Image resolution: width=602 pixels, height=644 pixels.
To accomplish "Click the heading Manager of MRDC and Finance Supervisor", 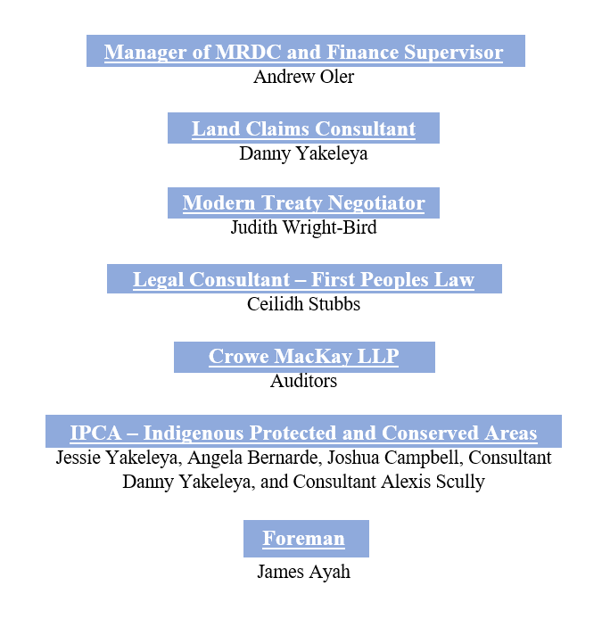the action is (303, 53).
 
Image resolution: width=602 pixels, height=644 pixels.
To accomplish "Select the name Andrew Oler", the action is (303, 77).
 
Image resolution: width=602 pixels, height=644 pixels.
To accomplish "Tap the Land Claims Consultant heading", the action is (303, 129).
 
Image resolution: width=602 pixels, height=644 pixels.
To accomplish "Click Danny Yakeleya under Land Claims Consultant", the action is (303, 154).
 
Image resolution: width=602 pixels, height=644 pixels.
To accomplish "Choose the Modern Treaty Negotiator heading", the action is (303, 203).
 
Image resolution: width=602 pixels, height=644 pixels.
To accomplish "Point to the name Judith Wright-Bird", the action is (303, 227).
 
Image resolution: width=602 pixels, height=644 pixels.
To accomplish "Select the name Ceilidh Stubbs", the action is (303, 304).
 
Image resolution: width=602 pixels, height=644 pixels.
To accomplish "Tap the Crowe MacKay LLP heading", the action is (303, 357).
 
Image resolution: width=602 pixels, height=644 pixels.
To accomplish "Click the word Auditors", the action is (303, 381).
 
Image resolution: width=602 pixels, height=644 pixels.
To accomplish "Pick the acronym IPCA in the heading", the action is (96, 433).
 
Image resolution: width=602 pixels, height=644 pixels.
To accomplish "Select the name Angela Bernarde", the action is (254, 458).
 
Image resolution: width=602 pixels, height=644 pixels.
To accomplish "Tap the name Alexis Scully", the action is (433, 483).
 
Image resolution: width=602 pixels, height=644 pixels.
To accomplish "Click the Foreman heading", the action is (303, 539).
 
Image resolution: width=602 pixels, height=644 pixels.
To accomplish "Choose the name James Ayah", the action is (303, 572).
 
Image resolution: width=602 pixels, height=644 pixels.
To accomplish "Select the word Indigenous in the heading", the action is (194, 433).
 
